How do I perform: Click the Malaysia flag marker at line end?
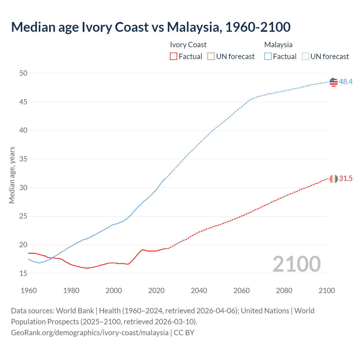pos(334,82)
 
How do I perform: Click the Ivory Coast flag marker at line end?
pos(334,179)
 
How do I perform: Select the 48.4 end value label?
pos(346,82)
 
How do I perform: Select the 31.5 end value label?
pos(346,179)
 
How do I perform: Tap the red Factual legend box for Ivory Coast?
pos(174,57)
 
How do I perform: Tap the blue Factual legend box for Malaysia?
pos(268,57)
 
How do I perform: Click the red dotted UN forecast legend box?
pos(211,57)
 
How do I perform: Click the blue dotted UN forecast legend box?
pos(305,57)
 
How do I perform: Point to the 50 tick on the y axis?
pos(23,73)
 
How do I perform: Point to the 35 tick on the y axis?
pos(23,159)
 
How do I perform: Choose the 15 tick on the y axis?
pos(23,273)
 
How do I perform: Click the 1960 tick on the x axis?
pos(29,291)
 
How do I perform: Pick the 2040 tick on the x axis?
pos(199,291)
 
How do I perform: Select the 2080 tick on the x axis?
pos(284,291)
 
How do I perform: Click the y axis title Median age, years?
pos(12,175)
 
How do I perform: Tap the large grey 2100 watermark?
pos(296,264)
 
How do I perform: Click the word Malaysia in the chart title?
pos(193,27)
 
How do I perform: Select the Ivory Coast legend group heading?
pos(188,45)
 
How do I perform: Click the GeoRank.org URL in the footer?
pos(90,333)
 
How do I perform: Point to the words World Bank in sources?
pos(75,311)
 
